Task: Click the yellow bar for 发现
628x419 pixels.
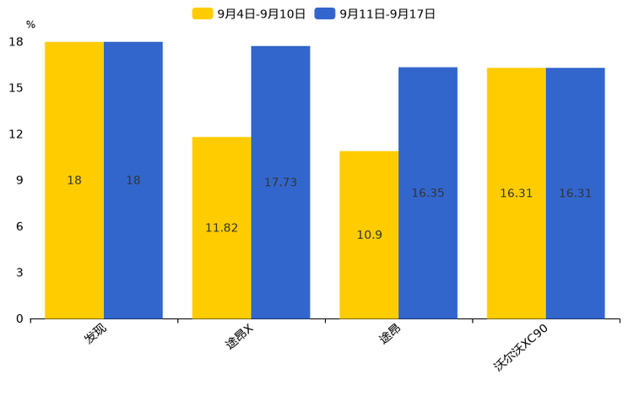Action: pos(74,181)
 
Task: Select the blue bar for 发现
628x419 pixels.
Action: pos(133,181)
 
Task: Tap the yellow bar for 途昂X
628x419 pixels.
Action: pos(222,228)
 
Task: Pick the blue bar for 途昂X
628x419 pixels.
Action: pos(281,182)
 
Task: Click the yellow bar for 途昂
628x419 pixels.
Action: pos(369,235)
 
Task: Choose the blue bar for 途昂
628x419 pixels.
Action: pos(428,193)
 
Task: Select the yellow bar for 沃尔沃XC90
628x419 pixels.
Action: pos(517,193)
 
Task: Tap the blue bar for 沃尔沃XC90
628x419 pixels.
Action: pos(576,193)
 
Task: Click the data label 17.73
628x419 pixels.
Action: pos(281,182)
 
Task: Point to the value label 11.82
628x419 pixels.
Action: pos(222,228)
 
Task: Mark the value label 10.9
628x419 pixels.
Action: pos(369,235)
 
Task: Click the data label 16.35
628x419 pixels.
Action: pos(428,193)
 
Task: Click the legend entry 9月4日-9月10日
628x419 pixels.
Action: pos(249,14)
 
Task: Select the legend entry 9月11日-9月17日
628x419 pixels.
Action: pos(375,14)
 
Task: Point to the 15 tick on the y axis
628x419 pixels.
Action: pos(16,88)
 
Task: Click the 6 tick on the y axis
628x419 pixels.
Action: pos(19,226)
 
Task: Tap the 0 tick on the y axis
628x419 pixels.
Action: pos(19,318)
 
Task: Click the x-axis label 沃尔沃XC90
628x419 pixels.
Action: pos(520,347)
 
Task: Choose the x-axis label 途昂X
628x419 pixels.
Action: pos(239,336)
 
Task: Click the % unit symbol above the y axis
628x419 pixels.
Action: pos(31,24)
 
